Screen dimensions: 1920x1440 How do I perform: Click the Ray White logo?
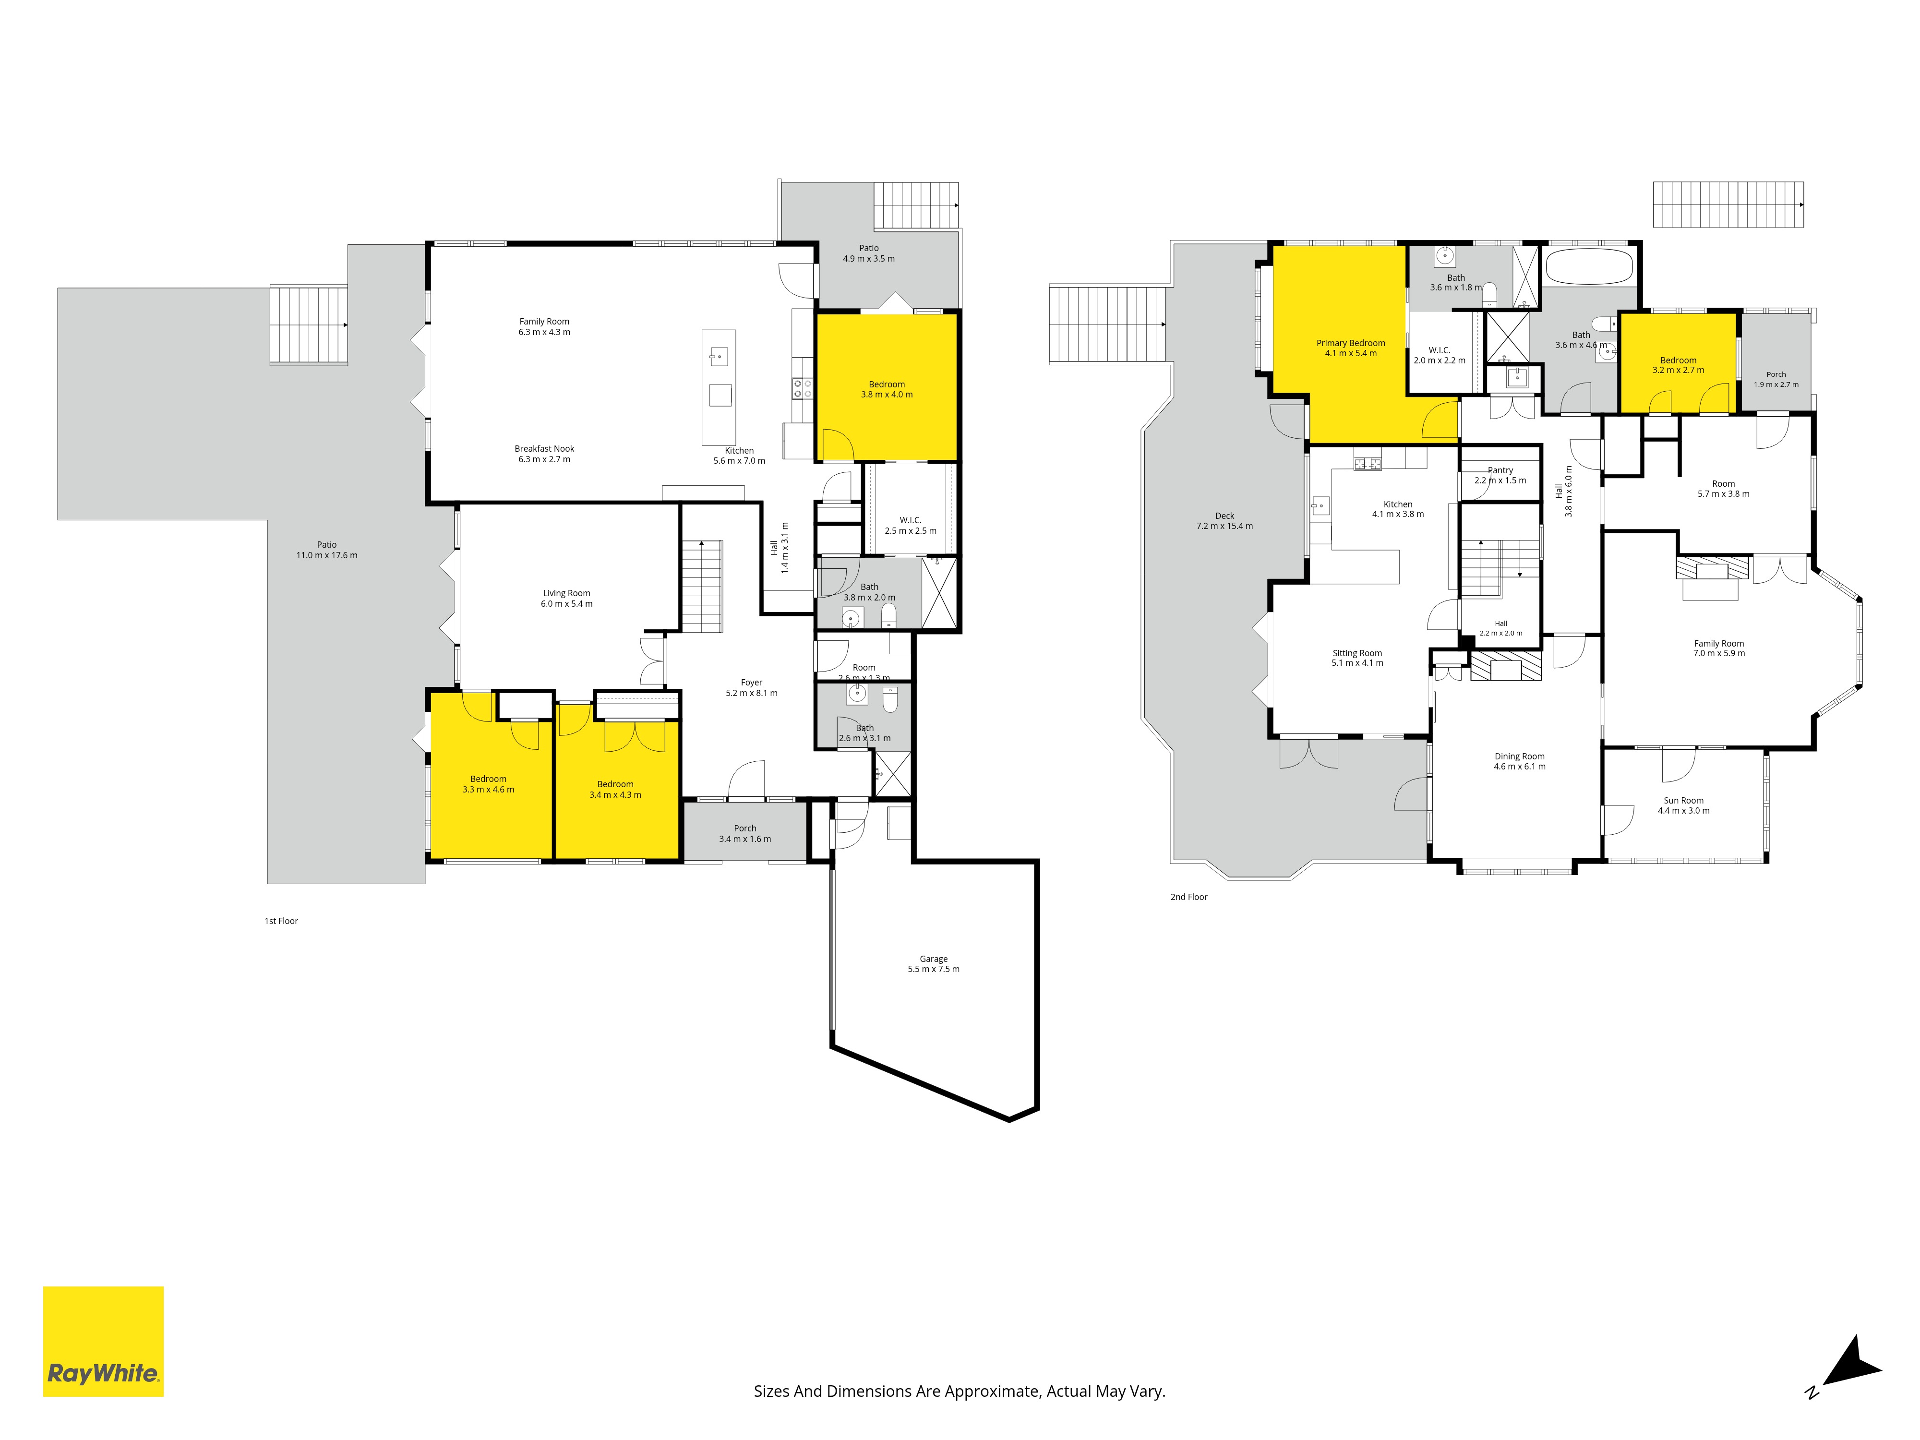click(x=103, y=1341)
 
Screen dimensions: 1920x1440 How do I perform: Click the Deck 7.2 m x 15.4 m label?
click(x=1225, y=521)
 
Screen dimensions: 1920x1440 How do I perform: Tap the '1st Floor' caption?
click(x=281, y=921)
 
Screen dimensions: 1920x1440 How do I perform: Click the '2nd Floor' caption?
click(x=1189, y=897)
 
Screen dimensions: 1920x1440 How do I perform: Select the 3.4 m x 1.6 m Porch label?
click(x=745, y=833)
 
